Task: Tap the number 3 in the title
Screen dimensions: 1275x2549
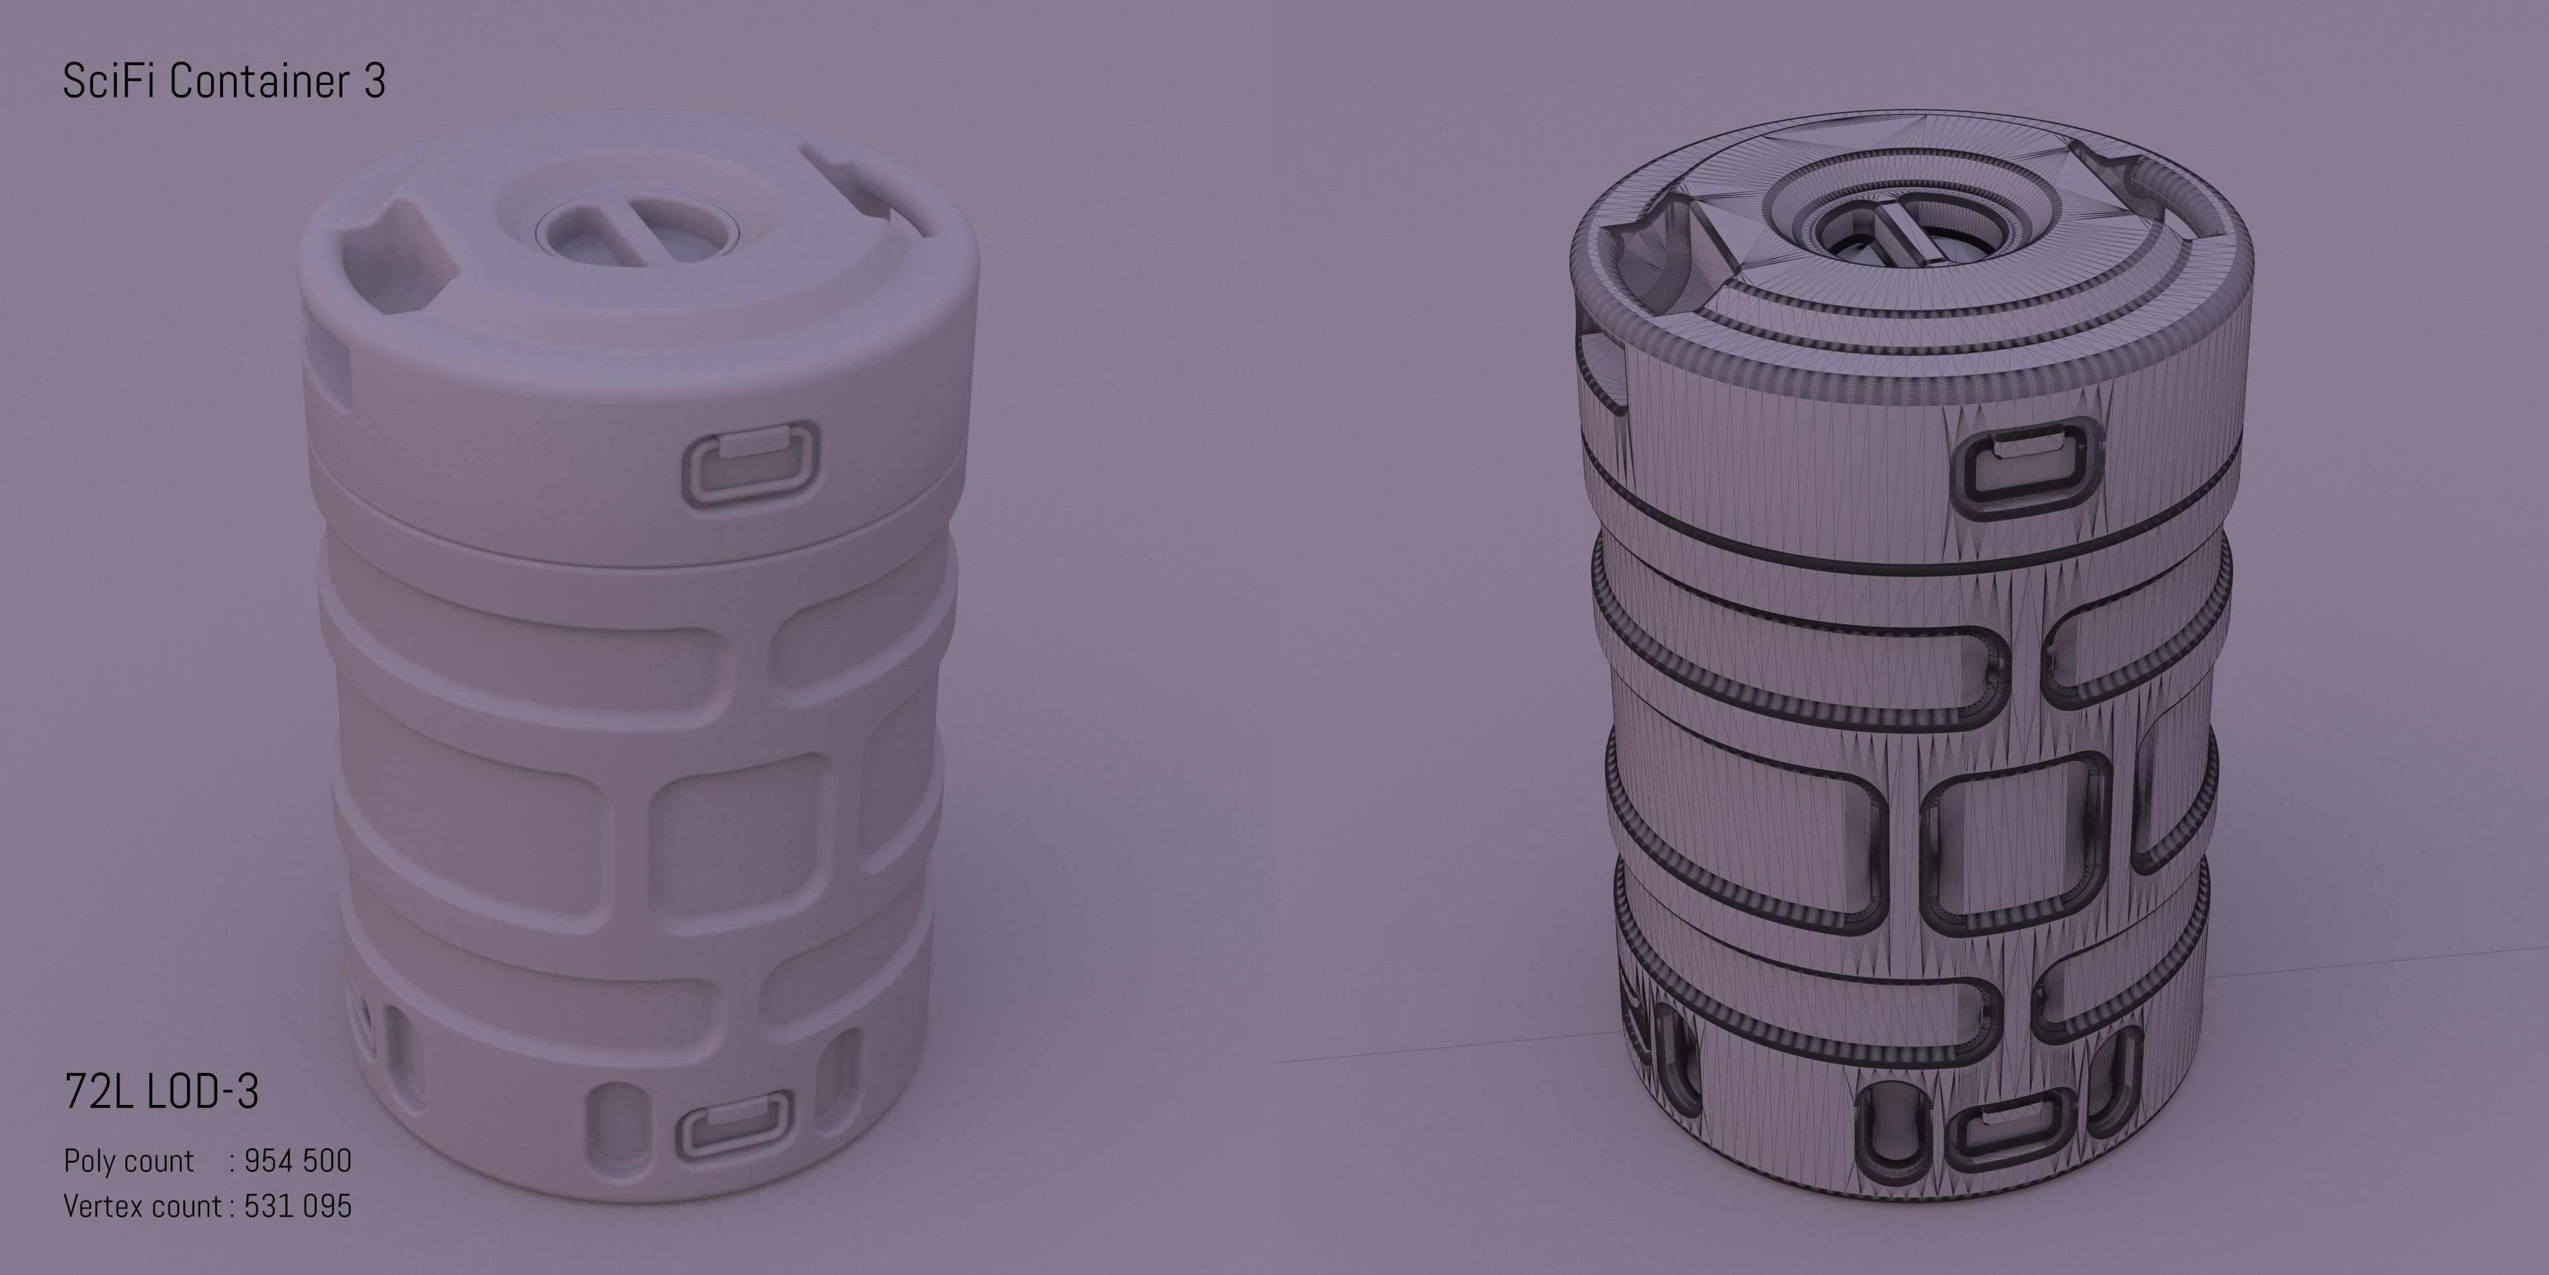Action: (374, 81)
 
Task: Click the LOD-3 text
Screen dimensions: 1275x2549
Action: (203, 1091)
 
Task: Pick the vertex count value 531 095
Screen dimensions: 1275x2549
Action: (298, 1206)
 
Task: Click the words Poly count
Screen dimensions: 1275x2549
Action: (129, 1160)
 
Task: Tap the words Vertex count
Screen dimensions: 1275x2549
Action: (143, 1206)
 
